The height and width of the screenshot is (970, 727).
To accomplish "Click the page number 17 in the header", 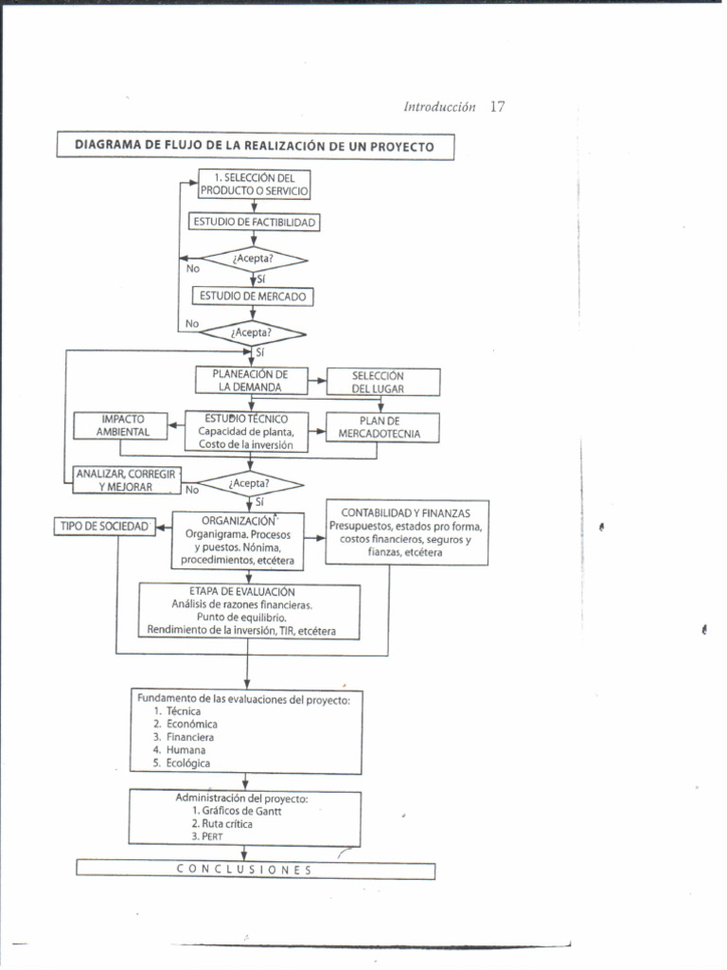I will tap(498, 107).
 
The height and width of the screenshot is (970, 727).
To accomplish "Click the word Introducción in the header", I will tap(439, 108).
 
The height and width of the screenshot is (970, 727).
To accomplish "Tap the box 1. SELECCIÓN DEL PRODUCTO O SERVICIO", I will tap(254, 184).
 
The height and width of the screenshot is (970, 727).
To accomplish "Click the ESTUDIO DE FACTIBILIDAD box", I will tap(254, 223).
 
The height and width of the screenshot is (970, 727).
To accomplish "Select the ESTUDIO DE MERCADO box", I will tap(253, 296).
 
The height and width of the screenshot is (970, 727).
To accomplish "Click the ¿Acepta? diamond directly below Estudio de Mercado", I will tap(251, 332).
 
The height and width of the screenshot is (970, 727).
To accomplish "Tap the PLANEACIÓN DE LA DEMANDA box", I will tap(251, 381).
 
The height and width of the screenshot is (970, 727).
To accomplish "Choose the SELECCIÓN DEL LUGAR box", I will tap(383, 382).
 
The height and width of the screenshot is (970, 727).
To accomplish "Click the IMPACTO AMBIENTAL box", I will tap(121, 425).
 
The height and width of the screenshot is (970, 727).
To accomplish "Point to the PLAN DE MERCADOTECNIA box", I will tap(383, 427).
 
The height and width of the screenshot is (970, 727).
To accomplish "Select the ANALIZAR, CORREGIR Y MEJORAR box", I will tap(126, 479).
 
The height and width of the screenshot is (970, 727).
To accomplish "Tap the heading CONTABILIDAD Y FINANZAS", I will tap(407, 512).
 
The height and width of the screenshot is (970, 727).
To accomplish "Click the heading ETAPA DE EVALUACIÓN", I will tap(249, 591).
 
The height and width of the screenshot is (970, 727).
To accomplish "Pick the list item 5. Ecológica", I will tap(182, 763).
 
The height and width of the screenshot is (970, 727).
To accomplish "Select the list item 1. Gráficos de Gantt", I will tap(237, 811).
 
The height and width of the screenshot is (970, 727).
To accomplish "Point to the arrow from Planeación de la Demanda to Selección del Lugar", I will tap(316, 381).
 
